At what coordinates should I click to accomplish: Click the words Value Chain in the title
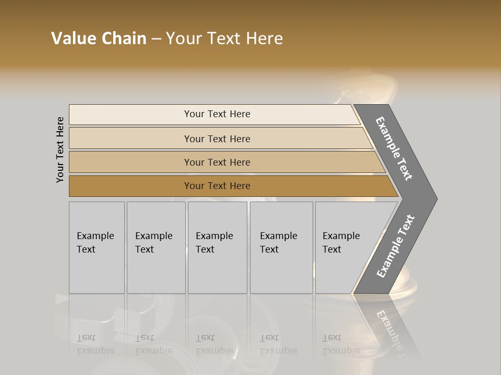(99, 39)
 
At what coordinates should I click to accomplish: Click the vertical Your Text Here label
(60, 150)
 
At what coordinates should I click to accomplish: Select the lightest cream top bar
(130, 115)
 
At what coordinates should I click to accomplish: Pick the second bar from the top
(130, 139)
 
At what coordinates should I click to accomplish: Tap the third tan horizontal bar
(130, 162)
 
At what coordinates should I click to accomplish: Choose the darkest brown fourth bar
(130, 186)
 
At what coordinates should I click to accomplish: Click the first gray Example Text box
(97, 271)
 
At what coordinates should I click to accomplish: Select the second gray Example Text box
(156, 271)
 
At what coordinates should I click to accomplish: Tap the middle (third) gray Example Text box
(217, 271)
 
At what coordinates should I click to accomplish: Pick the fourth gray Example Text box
(281, 271)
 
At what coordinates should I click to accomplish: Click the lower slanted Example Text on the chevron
(396, 246)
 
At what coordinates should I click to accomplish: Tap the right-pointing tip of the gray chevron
(433, 198)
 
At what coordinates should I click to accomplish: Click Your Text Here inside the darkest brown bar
(217, 186)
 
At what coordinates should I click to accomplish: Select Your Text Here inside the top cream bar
(217, 114)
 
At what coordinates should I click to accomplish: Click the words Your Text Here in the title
(224, 39)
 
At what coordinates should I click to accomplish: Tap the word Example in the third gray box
(214, 236)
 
